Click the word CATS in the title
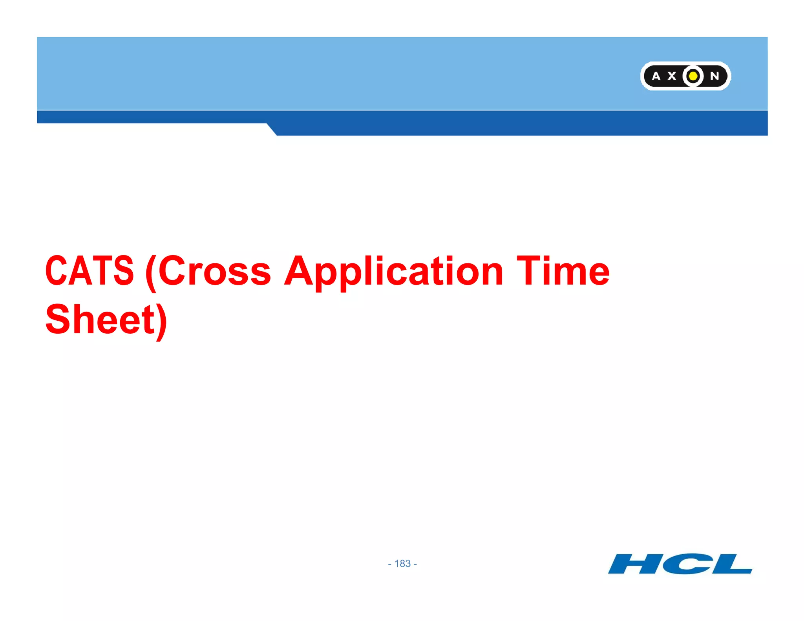(90, 270)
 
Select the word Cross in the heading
(214, 270)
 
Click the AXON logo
(685, 76)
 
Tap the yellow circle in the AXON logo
(693, 76)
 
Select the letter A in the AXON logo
(656, 76)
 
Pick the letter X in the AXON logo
(672, 76)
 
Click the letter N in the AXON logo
(714, 76)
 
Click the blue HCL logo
(680, 564)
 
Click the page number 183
(402, 564)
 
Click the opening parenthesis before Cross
(151, 273)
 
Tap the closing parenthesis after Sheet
(161, 322)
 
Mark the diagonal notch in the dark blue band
(272, 129)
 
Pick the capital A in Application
(299, 270)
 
